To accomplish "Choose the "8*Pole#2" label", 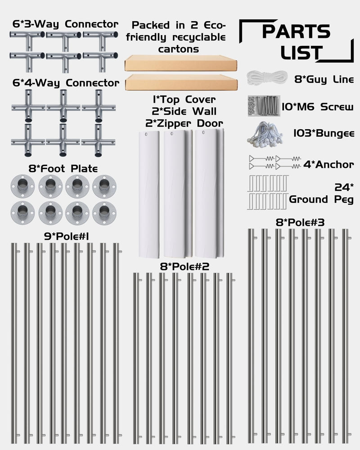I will [x=184, y=266].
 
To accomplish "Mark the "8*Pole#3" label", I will [x=300, y=222].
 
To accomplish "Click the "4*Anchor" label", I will [x=328, y=165].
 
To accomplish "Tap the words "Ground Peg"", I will [x=321, y=199].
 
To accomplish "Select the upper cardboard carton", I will [x=181, y=63].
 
